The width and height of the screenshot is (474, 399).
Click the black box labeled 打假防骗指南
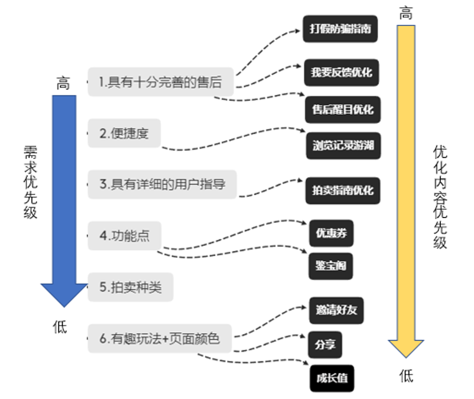pos(340,29)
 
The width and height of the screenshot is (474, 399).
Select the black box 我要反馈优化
pos(341,73)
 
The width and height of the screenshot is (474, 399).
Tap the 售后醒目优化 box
pos(343,109)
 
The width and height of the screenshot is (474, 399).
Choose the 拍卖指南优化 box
pos(343,191)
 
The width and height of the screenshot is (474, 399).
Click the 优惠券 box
pos(332,233)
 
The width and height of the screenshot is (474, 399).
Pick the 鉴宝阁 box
pos(331,266)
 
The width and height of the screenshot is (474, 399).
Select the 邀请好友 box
pos(336,310)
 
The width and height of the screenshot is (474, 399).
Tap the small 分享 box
pos(325,345)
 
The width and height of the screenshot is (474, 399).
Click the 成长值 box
pos(332,378)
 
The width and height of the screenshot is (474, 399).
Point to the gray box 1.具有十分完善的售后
pos(161,82)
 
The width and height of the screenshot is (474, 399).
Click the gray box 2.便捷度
pos(124,134)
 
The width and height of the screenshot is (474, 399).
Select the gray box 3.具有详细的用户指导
pos(162,184)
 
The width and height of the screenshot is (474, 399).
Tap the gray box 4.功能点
pos(125,236)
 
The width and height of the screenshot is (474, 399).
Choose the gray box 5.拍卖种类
pos(131,287)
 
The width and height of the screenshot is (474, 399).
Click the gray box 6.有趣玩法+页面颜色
pos(160,339)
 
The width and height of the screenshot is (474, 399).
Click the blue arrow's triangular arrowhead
pos(64,294)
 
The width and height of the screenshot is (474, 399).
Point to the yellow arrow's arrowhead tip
pos(406,358)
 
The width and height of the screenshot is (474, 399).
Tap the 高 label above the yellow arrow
pos(405,13)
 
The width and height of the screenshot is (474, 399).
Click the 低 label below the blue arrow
pos(60,327)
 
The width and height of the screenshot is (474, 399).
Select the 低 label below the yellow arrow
pos(406,376)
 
